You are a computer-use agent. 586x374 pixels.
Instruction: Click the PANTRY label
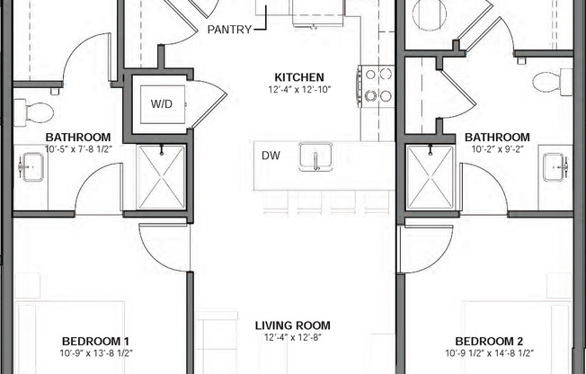pyautogui.click(x=229, y=30)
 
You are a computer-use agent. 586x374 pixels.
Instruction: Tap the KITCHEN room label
pyautogui.click(x=299, y=77)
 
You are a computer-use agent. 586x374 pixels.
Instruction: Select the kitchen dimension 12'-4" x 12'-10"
pyautogui.click(x=299, y=90)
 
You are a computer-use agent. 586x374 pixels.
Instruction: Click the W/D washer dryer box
pyautogui.click(x=161, y=103)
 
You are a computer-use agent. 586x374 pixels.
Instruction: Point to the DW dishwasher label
pyautogui.click(x=271, y=156)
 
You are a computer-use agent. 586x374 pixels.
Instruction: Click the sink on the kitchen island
pyautogui.click(x=316, y=157)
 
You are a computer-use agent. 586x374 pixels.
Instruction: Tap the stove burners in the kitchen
pyautogui.click(x=377, y=85)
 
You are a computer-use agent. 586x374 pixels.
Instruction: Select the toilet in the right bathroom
pyautogui.click(x=551, y=83)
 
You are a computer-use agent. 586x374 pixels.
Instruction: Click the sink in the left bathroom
pyautogui.click(x=31, y=166)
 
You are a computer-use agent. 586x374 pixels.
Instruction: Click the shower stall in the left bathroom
pyautogui.click(x=160, y=175)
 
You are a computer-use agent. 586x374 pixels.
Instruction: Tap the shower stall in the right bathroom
pyautogui.click(x=430, y=175)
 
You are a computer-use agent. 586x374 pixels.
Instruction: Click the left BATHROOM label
pyautogui.click(x=78, y=138)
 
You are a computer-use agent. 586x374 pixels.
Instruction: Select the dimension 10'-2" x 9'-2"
pyautogui.click(x=497, y=150)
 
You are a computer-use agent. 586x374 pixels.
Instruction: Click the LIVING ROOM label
pyautogui.click(x=292, y=325)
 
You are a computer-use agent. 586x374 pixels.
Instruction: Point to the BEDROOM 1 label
pyautogui.click(x=96, y=341)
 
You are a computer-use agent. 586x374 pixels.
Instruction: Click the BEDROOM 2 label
pyautogui.click(x=490, y=341)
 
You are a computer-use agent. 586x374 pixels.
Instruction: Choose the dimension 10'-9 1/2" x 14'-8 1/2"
pyautogui.click(x=490, y=353)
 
